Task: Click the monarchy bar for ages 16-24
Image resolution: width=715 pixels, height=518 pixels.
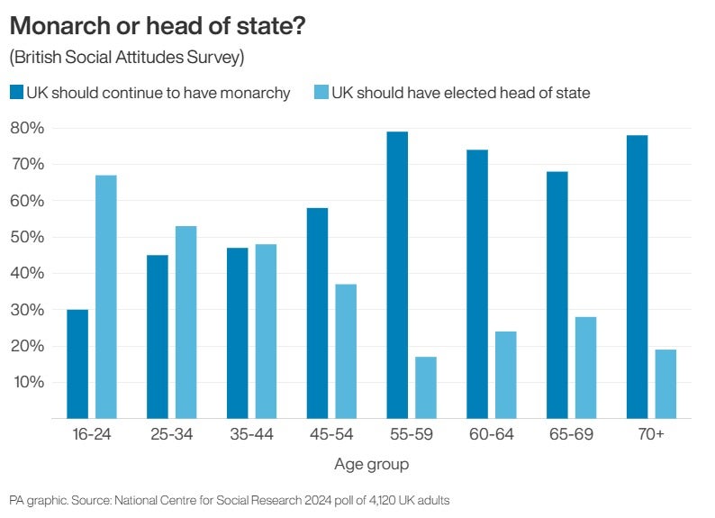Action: click(77, 364)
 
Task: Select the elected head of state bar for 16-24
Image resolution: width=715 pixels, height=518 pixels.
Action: click(106, 297)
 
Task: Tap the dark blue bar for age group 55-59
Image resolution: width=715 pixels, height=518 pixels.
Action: click(396, 275)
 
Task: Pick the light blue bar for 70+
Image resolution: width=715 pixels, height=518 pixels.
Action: click(665, 384)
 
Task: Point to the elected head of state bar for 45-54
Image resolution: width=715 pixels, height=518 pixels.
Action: click(346, 351)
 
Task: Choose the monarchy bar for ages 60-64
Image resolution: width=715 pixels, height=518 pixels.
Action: click(477, 284)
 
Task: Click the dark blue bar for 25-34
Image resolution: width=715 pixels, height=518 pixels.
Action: click(158, 337)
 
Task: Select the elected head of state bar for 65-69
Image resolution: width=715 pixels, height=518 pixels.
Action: click(585, 368)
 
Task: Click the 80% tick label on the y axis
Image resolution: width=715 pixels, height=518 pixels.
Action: click(26, 128)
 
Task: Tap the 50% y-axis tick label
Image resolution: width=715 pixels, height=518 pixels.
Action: click(26, 237)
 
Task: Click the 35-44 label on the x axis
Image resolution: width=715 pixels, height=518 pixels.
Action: click(251, 435)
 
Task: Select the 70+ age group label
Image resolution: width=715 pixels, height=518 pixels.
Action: click(651, 435)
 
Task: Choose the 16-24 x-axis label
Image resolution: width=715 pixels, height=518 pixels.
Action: click(91, 435)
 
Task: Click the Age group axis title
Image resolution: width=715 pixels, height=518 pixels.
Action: click(371, 465)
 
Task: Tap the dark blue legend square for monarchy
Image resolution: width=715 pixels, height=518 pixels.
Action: click(16, 92)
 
